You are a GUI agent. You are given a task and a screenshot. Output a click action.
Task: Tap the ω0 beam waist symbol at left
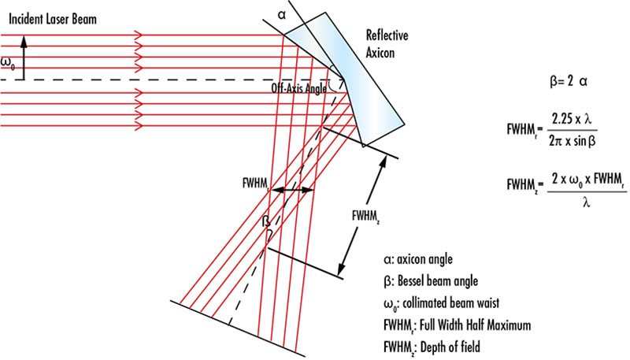7,62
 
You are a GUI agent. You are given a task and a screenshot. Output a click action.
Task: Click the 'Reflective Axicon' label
386,45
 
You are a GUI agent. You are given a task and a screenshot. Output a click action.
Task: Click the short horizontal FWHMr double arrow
291,191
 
